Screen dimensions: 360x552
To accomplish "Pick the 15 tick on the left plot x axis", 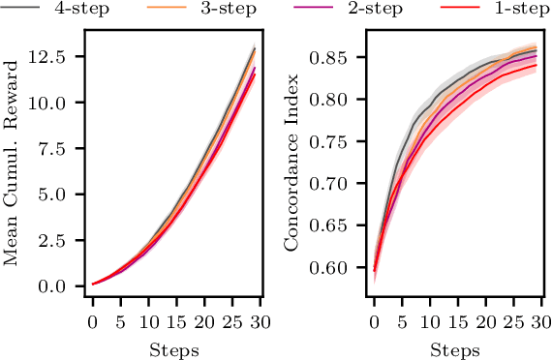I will [176, 318].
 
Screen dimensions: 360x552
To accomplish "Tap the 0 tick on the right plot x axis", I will [375, 318].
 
